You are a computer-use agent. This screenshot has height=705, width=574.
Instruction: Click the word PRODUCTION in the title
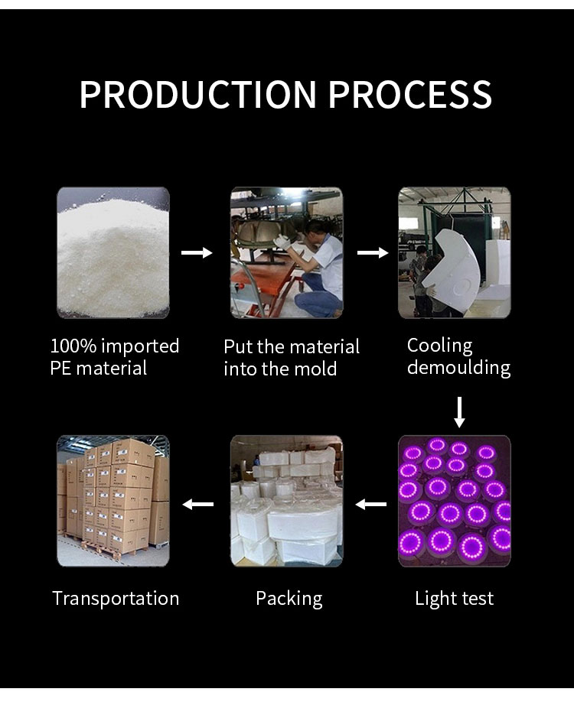click(x=198, y=94)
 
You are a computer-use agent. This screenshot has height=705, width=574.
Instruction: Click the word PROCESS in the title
click(x=410, y=94)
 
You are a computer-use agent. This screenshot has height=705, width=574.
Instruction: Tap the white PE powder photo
click(x=113, y=252)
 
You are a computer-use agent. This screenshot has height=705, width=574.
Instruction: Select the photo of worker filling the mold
click(x=287, y=252)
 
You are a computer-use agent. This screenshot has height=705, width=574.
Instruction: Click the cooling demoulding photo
click(x=455, y=252)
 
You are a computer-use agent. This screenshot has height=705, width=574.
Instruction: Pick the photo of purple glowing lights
click(x=455, y=501)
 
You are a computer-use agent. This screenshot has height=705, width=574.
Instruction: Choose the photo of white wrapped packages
click(x=287, y=501)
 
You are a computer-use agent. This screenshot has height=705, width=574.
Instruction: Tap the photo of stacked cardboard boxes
click(x=113, y=501)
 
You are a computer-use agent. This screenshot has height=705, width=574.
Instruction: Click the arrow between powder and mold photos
click(x=197, y=252)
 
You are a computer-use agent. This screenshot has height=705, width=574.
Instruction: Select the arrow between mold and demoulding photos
click(x=373, y=252)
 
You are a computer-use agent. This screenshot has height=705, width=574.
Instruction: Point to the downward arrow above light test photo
click(x=459, y=412)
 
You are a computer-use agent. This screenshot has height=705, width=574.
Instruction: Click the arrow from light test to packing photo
click(x=371, y=505)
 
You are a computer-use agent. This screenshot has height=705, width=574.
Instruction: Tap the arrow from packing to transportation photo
click(x=198, y=505)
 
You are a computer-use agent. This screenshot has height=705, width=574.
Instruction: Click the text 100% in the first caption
click(x=73, y=346)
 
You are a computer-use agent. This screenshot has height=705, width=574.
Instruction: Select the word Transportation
click(x=116, y=599)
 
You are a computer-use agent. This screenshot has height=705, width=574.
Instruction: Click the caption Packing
click(x=289, y=599)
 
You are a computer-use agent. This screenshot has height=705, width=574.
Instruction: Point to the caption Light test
click(x=455, y=599)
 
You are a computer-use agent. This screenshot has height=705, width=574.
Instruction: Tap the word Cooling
click(x=440, y=346)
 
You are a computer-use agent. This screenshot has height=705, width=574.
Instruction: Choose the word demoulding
click(x=458, y=368)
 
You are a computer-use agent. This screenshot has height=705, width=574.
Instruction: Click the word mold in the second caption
click(x=317, y=369)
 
